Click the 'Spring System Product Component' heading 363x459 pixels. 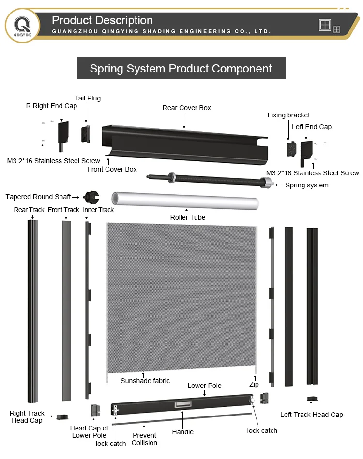click(181, 69)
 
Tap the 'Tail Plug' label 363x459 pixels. click(88, 98)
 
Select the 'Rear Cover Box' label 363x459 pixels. click(187, 108)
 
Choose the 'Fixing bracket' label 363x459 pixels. click(288, 115)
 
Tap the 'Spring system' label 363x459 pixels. click(307, 185)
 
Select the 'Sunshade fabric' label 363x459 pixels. click(145, 381)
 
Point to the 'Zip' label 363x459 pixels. click(254, 384)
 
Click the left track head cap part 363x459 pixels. click(312, 399)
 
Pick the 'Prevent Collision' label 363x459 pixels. click(144, 439)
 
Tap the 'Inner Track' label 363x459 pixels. click(98, 210)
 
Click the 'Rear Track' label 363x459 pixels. click(29, 210)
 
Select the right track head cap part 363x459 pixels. click(62, 416)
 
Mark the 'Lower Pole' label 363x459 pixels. click(205, 386)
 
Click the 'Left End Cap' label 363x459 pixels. click(312, 127)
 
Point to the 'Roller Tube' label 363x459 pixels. click(188, 217)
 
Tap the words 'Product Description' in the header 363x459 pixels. click(102, 20)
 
